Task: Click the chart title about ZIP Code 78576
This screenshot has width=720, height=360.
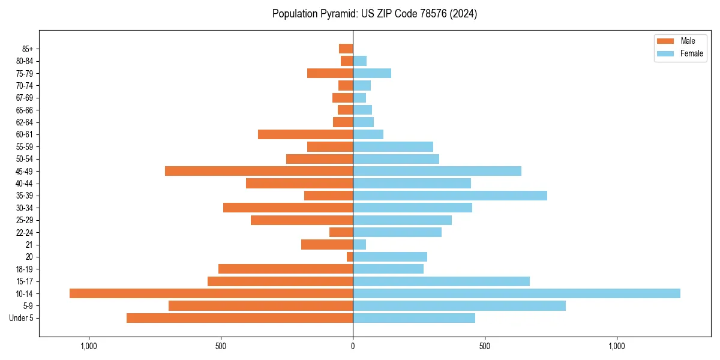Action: tap(374, 14)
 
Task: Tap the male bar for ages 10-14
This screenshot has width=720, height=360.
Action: tap(211, 293)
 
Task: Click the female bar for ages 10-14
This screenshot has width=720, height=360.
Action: tap(517, 293)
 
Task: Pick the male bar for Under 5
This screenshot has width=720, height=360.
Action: tap(239, 318)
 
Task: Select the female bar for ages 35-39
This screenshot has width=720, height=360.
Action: tap(450, 196)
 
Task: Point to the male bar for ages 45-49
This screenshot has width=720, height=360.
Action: tap(259, 171)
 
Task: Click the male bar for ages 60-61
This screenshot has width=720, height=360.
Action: tap(305, 134)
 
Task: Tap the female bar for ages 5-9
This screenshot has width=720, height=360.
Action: tap(459, 306)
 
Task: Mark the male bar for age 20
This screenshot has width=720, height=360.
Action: tap(350, 257)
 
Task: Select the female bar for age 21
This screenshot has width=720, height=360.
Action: tap(359, 245)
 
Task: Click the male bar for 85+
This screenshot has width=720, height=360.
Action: tap(346, 49)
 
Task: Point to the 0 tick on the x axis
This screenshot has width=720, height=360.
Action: tap(353, 346)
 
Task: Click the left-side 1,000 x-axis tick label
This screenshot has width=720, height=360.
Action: tap(88, 346)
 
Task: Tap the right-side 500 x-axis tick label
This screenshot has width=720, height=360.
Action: tap(485, 346)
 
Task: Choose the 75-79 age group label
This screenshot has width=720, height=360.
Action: tap(25, 73)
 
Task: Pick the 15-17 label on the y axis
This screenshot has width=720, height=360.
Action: tap(25, 281)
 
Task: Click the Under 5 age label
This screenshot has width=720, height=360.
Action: tap(22, 318)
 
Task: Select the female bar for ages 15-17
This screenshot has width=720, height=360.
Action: tap(441, 281)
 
